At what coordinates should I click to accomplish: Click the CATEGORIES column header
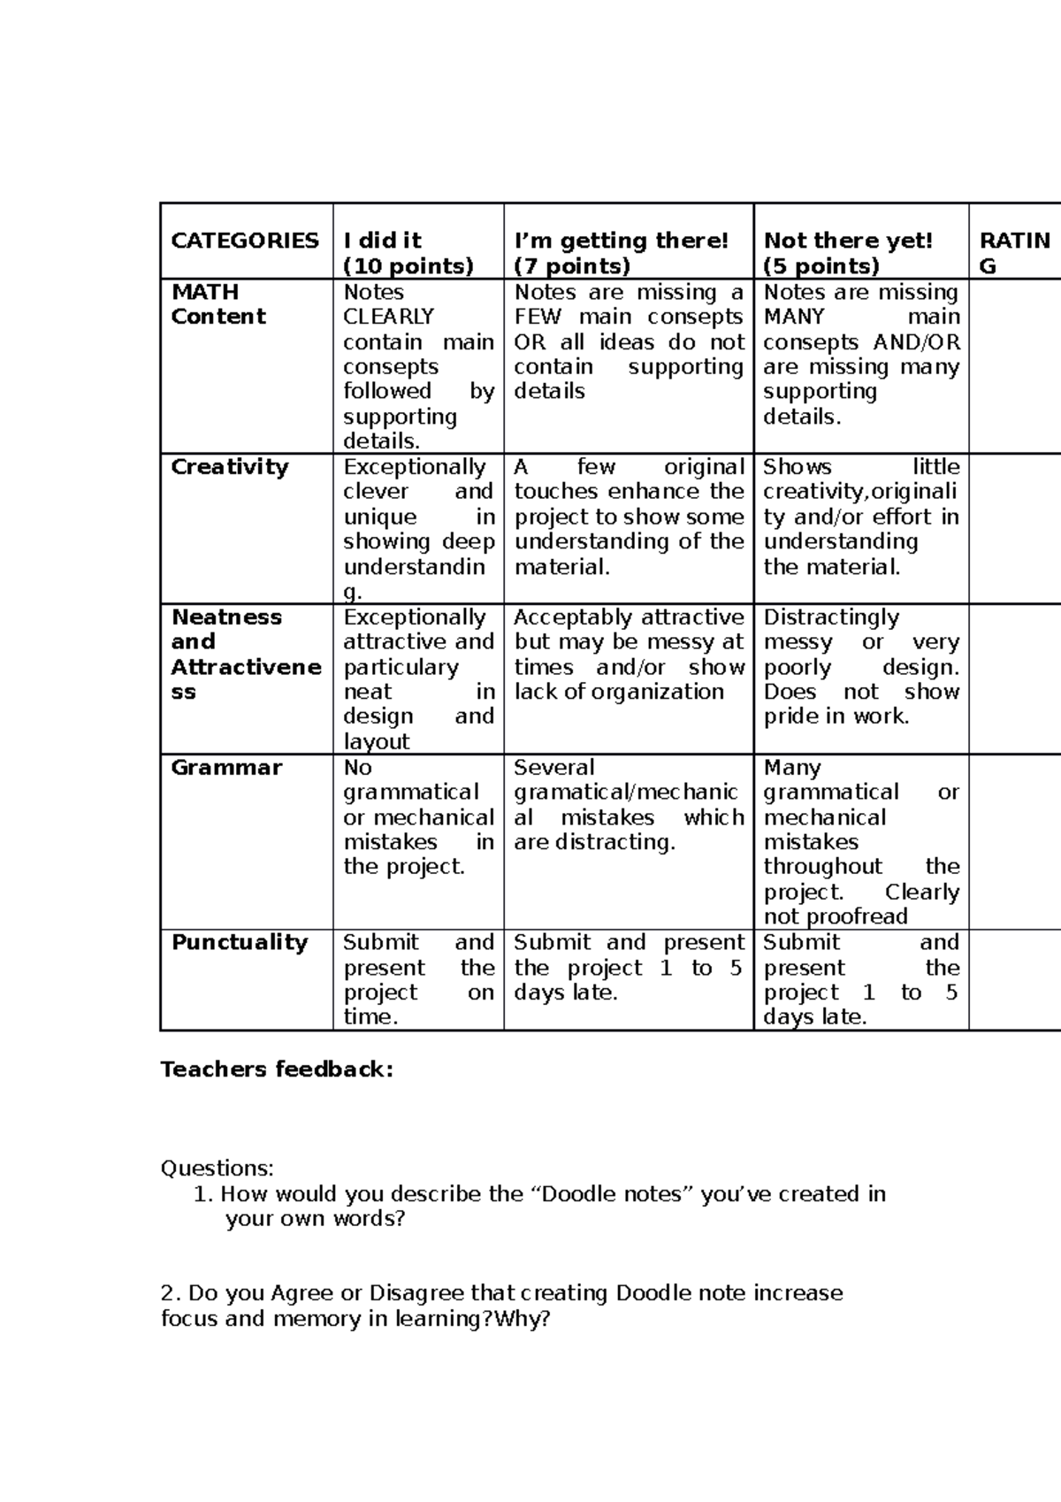click(245, 241)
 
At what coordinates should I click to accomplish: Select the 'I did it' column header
click(382, 241)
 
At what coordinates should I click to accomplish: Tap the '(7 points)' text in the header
click(572, 266)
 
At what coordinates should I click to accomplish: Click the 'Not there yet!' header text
click(848, 241)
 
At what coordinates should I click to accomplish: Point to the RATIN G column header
click(1014, 253)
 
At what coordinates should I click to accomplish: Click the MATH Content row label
click(218, 304)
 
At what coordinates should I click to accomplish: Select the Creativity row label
click(230, 467)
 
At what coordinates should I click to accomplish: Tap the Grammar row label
click(226, 768)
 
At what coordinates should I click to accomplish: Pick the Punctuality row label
click(240, 942)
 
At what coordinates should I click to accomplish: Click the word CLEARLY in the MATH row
click(389, 317)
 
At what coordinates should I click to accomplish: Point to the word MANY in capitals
click(794, 317)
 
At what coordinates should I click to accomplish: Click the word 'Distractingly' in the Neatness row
click(831, 617)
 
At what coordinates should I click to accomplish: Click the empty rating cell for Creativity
click(1014, 528)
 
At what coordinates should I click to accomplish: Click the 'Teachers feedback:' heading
click(277, 1069)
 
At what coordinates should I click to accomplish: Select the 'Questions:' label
click(218, 1169)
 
